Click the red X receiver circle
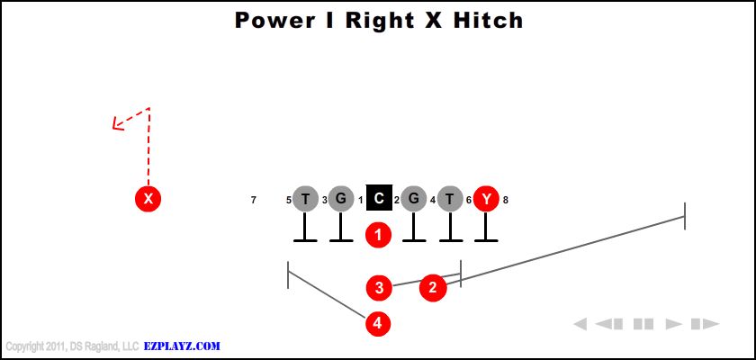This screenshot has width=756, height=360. (x=148, y=198)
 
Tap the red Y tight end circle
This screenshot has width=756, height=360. (x=486, y=198)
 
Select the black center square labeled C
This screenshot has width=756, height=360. (x=379, y=198)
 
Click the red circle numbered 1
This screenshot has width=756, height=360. (x=379, y=235)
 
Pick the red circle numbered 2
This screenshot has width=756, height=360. (x=433, y=287)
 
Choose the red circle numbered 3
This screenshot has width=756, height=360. (x=379, y=288)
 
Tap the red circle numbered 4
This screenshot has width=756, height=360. (x=379, y=322)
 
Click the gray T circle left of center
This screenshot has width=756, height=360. (x=306, y=198)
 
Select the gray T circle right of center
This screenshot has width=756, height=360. (x=451, y=198)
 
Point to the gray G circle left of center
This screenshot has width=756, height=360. (x=340, y=198)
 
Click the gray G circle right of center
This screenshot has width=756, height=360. (x=414, y=198)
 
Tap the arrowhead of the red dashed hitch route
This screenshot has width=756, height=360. (x=116, y=124)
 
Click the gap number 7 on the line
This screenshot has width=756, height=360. (x=254, y=200)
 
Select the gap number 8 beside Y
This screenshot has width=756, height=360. (x=506, y=200)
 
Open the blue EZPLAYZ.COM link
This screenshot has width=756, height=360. (x=183, y=346)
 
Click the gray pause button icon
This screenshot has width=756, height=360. (x=643, y=324)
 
